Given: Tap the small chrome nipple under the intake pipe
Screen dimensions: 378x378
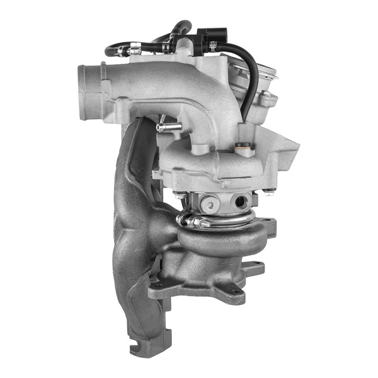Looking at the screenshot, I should click(165, 127).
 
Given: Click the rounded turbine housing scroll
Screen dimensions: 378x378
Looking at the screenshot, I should click(214, 239).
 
